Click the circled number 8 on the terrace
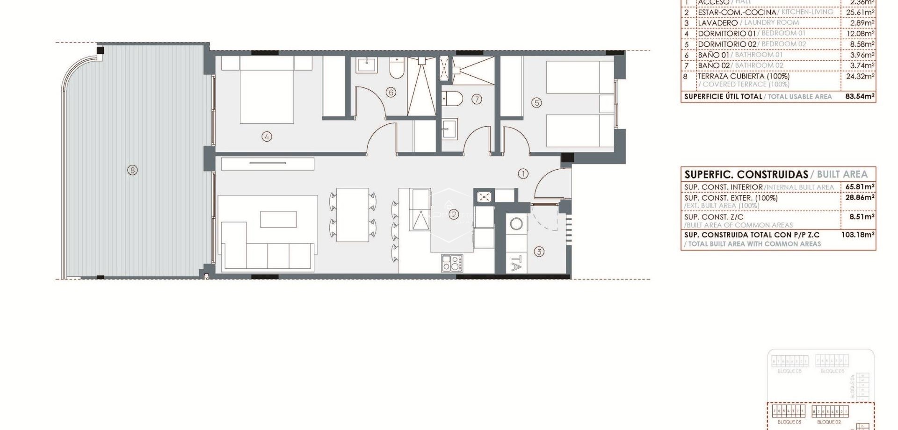click(x=132, y=170)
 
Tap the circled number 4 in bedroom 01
click(x=267, y=136)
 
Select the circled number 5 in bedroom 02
click(x=536, y=102)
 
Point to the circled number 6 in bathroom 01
click(x=391, y=92)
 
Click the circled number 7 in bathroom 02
click(x=477, y=99)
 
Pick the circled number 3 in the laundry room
click(x=539, y=252)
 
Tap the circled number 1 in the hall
click(x=523, y=173)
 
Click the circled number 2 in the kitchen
click(x=453, y=215)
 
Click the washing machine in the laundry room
click(x=516, y=224)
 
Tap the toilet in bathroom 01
click(x=396, y=70)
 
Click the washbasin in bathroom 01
click(x=365, y=65)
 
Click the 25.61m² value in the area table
click(x=860, y=12)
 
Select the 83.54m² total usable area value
click(x=860, y=97)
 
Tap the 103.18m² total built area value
click(x=858, y=235)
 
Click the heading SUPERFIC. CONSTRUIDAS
click(x=746, y=174)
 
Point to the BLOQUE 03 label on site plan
click(x=789, y=422)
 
